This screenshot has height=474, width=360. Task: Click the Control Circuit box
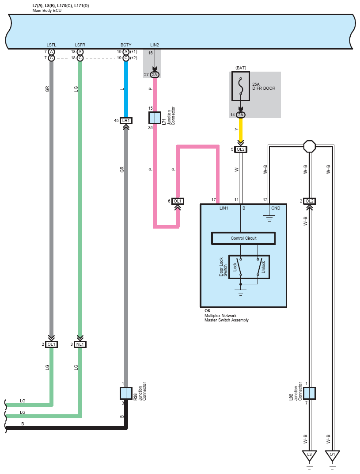pyautogui.click(x=243, y=238)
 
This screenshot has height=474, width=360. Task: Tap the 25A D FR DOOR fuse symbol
pyautogui.click(x=241, y=86)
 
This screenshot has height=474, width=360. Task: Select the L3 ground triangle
pyautogui.click(x=309, y=455)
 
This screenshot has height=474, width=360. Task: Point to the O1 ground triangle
pyautogui.click(x=332, y=455)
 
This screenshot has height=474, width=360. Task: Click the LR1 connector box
pyautogui.click(x=126, y=121)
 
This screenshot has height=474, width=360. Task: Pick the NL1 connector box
pyautogui.click(x=80, y=344)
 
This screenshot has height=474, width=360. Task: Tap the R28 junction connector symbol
pyautogui.click(x=126, y=393)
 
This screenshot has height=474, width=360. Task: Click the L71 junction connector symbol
pyautogui.click(x=155, y=118)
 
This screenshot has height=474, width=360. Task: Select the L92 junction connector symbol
pyautogui.click(x=309, y=393)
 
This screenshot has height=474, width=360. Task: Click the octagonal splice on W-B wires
pyautogui.click(x=310, y=147)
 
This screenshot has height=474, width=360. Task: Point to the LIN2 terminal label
pyautogui.click(x=155, y=45)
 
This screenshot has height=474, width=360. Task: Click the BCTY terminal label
pyautogui.click(x=126, y=45)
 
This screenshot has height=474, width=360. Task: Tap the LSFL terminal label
pyautogui.click(x=51, y=45)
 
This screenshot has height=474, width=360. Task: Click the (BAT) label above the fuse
pyautogui.click(x=241, y=68)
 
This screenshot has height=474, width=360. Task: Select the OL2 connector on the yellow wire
pyautogui.click(x=241, y=149)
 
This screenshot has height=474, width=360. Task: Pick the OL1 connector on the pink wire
pyautogui.click(x=178, y=201)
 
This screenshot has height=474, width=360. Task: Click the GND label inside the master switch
pyautogui.click(x=276, y=208)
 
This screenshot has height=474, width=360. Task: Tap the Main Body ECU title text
pyautogui.click(x=47, y=11)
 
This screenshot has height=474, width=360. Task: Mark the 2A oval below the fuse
pyautogui.click(x=241, y=115)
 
